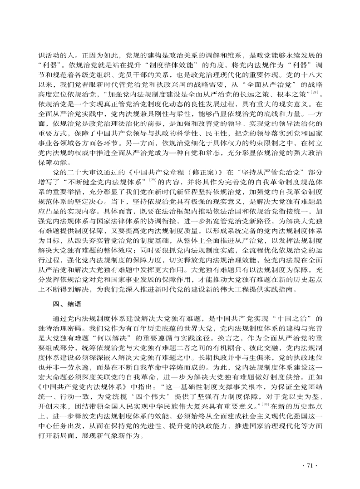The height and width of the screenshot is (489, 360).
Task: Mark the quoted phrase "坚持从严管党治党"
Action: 257,173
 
